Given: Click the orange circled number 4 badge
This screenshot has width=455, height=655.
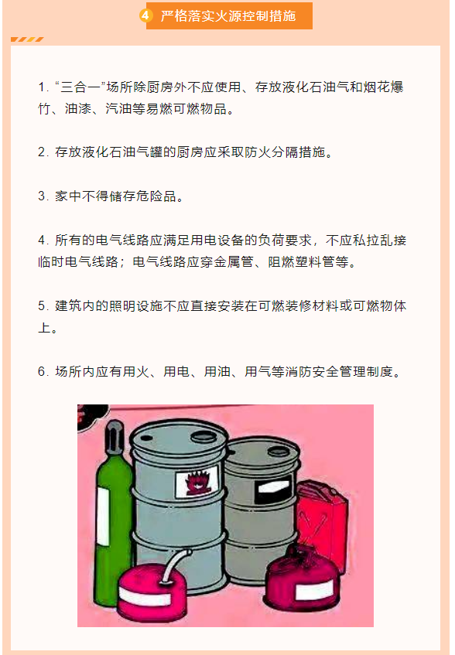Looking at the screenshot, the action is click(x=145, y=16).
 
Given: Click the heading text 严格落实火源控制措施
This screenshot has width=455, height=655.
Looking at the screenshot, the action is click(x=228, y=16).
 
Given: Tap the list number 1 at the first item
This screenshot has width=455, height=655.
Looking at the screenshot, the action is click(x=43, y=87).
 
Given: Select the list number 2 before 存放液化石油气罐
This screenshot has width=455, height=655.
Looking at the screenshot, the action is click(x=43, y=152).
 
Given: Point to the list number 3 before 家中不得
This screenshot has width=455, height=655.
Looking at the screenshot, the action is click(x=43, y=196).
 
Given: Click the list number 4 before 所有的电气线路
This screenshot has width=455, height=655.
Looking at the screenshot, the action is click(x=43, y=240).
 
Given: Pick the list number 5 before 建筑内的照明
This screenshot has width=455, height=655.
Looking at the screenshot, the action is click(x=43, y=305).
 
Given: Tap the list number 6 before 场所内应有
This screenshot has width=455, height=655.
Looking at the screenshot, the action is click(x=43, y=371).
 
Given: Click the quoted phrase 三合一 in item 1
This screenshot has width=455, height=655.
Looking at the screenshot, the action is click(x=80, y=87).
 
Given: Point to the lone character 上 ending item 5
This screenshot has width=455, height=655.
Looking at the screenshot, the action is click(x=44, y=328).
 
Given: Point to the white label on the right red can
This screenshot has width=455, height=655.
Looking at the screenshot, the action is click(x=313, y=590).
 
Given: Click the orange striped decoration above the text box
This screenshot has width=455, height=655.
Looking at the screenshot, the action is click(x=27, y=39).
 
